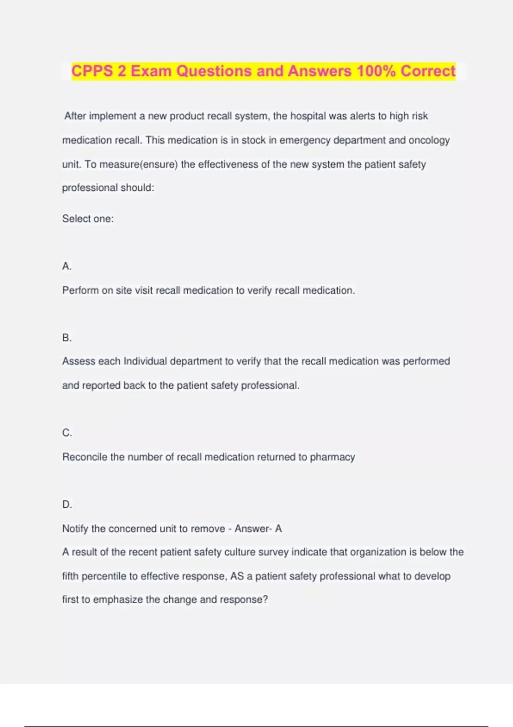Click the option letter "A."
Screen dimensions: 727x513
[x=67, y=266]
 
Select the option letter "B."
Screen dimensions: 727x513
[x=67, y=338]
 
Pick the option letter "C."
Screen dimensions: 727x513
[x=67, y=433]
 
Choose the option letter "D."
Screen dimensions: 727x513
[x=67, y=505]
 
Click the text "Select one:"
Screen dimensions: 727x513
[x=88, y=219]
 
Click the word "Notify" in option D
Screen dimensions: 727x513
[x=75, y=529]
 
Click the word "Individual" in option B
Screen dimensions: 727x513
[x=145, y=361]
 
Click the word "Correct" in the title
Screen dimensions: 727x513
[x=428, y=71]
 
